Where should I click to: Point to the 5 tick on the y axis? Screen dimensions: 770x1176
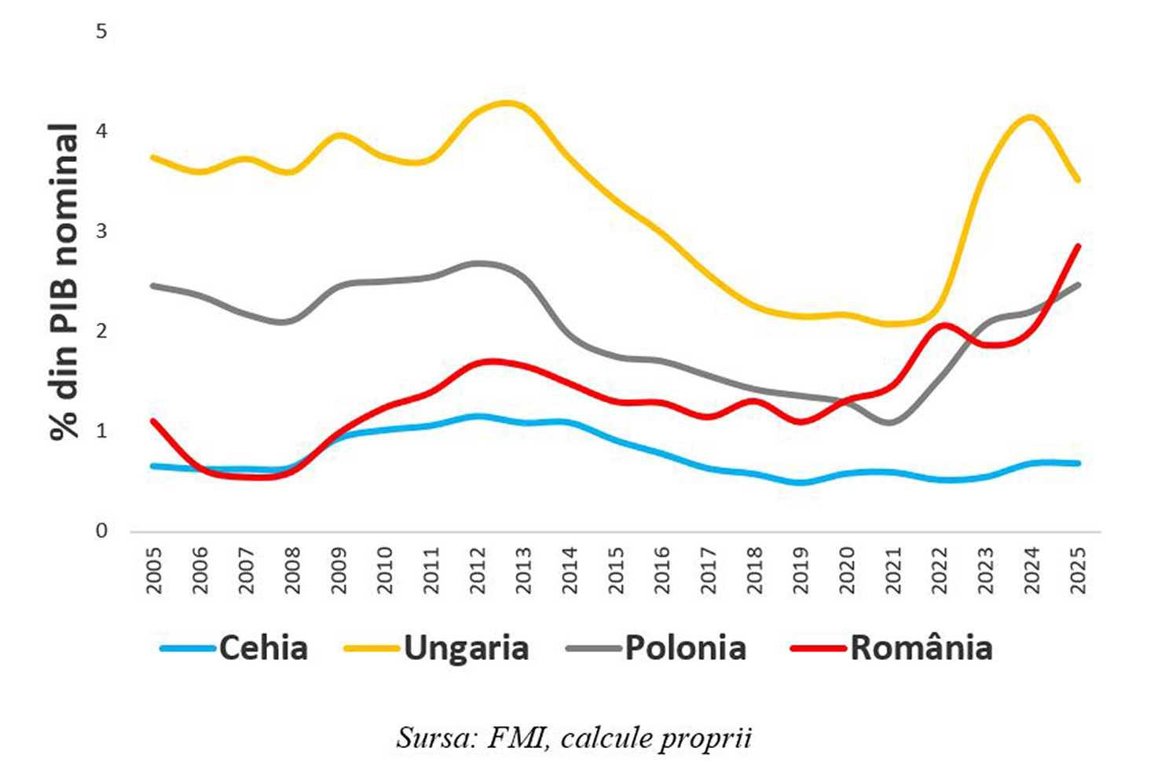click(101, 32)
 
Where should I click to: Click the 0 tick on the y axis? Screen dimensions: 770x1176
click(101, 531)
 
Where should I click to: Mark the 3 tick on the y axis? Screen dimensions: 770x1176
click(101, 232)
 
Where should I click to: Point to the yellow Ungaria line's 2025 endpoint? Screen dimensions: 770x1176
click(1078, 180)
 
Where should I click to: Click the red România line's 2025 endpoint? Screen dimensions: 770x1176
click(1078, 246)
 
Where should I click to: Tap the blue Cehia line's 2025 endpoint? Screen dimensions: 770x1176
click(1078, 463)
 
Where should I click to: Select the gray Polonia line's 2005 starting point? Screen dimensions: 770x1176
click(154, 285)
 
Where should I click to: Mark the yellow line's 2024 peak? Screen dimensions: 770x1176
click(1031, 118)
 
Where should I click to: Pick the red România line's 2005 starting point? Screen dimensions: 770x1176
click(154, 420)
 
